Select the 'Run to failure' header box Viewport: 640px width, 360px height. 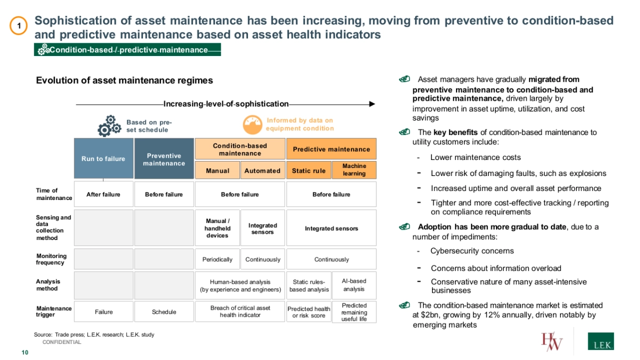(x=103, y=158)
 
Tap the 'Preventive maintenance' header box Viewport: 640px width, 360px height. (x=164, y=159)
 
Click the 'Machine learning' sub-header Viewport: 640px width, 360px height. (x=354, y=170)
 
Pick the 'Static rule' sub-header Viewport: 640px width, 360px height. (x=309, y=171)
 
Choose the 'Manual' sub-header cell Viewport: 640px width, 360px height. (x=218, y=171)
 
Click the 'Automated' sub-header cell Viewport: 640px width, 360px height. (x=262, y=171)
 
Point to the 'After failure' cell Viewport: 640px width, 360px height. (x=103, y=195)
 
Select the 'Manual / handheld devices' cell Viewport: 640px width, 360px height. (x=217, y=228)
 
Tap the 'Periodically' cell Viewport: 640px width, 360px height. (x=217, y=260)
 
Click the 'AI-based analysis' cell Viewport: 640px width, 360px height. (x=354, y=285)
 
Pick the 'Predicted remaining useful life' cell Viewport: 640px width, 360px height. (x=354, y=312)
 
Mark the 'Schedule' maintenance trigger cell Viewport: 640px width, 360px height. (x=164, y=312)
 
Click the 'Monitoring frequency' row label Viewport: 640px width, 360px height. (x=51, y=259)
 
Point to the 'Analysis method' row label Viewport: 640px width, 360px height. (x=49, y=285)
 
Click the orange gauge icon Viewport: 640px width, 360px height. (x=252, y=125)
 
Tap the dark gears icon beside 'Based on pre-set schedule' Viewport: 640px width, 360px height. (x=109, y=126)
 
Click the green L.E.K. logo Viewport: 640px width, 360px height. (x=600, y=342)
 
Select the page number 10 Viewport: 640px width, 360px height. (x=25, y=353)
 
